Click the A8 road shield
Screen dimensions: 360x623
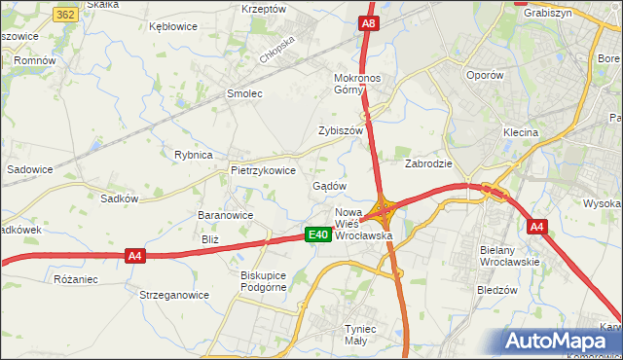tap(367, 23)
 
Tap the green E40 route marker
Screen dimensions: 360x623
tap(316, 234)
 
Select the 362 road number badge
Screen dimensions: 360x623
tap(66, 15)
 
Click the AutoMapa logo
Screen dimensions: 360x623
tap(560, 342)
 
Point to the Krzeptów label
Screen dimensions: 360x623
tap(263, 9)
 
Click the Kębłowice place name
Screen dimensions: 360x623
tap(172, 27)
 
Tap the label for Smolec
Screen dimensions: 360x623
tap(245, 94)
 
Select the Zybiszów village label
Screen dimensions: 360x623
tap(340, 130)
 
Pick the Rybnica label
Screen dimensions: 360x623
tap(193, 155)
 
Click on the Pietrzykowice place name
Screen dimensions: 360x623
tap(263, 169)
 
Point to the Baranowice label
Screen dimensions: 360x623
tap(225, 216)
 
